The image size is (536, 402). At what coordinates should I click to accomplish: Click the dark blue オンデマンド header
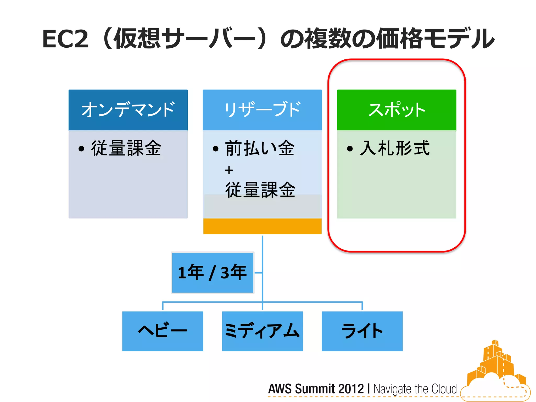pos(128,110)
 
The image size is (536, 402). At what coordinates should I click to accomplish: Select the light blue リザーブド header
pos(262,110)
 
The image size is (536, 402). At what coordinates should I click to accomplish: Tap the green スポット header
pos(397,110)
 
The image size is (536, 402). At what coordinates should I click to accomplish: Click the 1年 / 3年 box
pos(212,272)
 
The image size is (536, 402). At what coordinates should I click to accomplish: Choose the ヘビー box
pos(163,331)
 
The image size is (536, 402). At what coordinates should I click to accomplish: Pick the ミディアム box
pos(262,331)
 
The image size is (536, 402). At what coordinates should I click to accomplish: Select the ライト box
pos(362,331)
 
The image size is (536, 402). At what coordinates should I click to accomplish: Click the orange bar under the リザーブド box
pos(262,226)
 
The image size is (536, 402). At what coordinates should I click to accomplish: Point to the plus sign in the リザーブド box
pos(229,170)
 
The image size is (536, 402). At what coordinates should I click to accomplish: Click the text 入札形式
pos(395,148)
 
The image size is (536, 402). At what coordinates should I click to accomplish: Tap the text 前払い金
pos(260,148)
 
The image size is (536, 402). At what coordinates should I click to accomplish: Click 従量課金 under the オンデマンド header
pos(126,148)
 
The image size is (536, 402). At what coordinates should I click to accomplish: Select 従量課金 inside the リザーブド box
pos(260,190)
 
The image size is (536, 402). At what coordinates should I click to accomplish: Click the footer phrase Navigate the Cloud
pos(415,389)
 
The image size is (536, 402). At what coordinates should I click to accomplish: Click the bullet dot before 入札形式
pos(350,149)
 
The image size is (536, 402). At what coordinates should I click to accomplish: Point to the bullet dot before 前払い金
pos(215,149)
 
